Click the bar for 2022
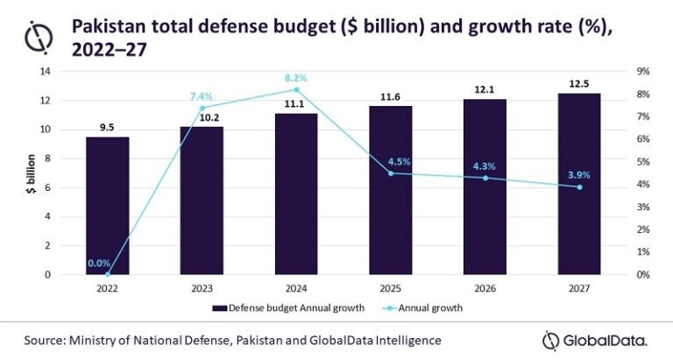pyautogui.click(x=108, y=206)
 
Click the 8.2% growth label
pyautogui.click(x=298, y=78)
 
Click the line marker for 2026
pyautogui.click(x=485, y=178)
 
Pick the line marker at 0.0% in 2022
pyautogui.click(x=109, y=274)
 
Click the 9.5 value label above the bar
pyautogui.click(x=108, y=128)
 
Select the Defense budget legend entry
pyautogui.click(x=276, y=308)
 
